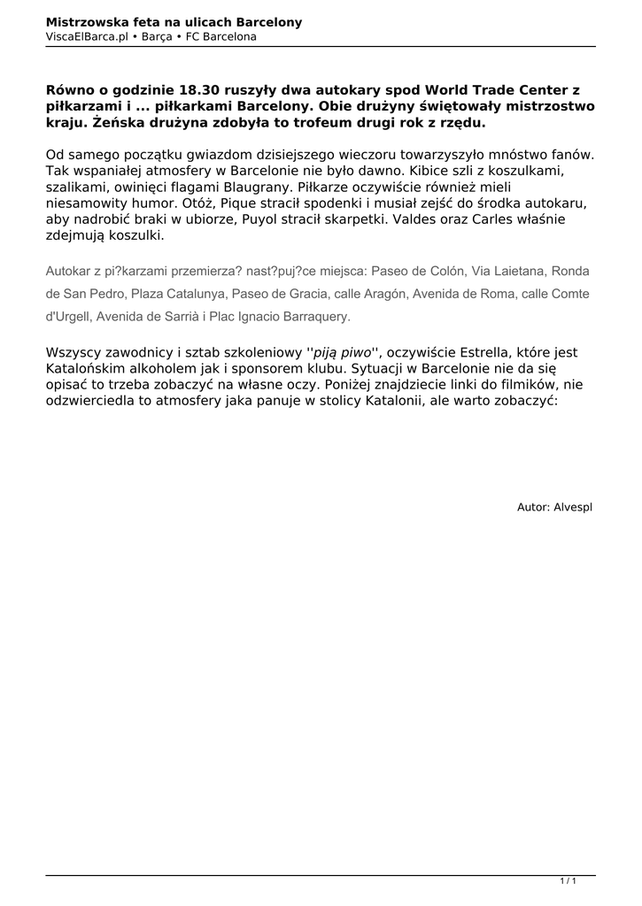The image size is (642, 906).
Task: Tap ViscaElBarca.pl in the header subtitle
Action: (x=86, y=36)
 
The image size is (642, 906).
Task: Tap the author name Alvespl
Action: (x=572, y=507)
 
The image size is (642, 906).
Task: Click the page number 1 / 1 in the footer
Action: (x=569, y=881)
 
